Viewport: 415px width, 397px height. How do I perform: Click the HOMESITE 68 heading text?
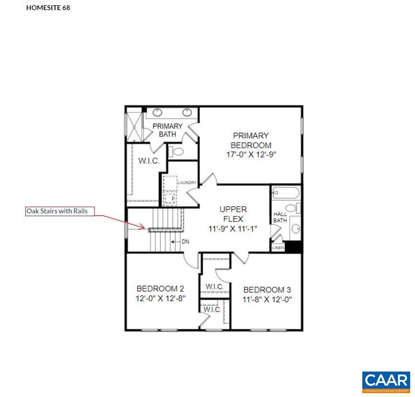tap(48, 8)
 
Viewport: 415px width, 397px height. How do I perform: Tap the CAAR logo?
tap(386, 381)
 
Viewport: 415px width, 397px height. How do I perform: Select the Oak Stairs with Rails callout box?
tap(60, 211)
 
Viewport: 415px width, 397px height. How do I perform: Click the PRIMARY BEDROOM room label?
tap(251, 140)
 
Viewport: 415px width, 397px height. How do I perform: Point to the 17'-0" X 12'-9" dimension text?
tap(251, 155)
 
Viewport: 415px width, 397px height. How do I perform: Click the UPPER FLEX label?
tap(233, 214)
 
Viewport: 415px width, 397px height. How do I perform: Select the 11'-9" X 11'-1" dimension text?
tap(233, 229)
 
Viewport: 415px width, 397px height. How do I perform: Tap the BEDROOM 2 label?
tap(160, 288)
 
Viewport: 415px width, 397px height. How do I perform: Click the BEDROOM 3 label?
tap(267, 290)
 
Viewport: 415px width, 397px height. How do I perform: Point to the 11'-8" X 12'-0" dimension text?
tap(267, 300)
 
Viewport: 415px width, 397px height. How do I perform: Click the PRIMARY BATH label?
tap(167, 130)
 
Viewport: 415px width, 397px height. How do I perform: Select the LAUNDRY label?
tap(187, 183)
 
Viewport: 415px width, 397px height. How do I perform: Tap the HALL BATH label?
tap(280, 217)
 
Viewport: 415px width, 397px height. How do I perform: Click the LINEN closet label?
tap(278, 248)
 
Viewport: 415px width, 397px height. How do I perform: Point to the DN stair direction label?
tap(185, 242)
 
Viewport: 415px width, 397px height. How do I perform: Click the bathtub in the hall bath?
tap(285, 193)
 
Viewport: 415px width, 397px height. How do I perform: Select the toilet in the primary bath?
tap(178, 152)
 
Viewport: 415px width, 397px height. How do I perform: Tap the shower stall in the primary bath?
tap(134, 127)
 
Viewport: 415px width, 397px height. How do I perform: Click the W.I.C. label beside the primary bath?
tap(149, 161)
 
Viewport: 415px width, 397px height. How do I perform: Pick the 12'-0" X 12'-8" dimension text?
tap(160, 298)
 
